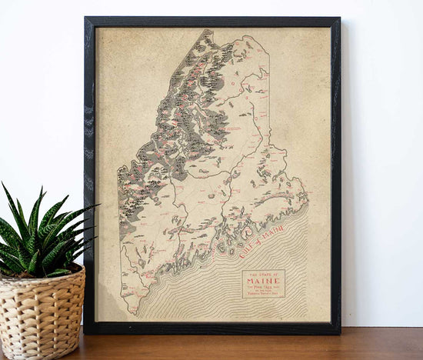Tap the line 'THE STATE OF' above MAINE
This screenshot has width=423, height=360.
tap(263, 275)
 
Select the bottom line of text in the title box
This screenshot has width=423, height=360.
tap(263, 293)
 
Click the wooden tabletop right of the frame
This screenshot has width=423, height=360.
tap(381, 344)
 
